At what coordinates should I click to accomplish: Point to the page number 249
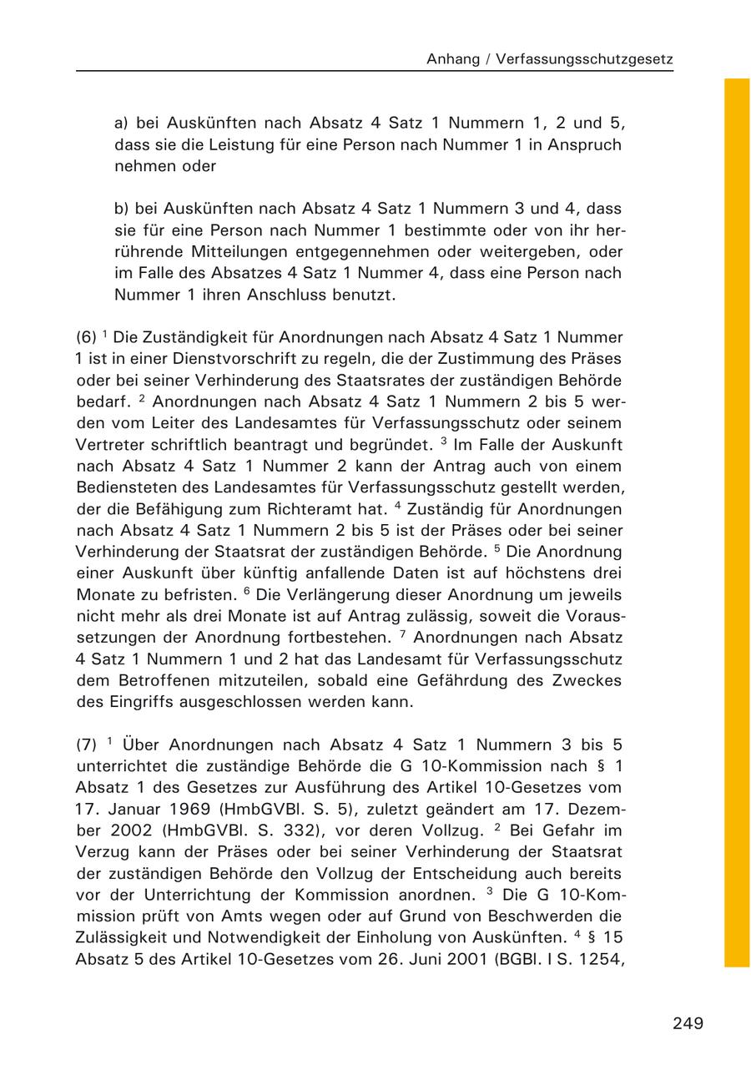click(688, 1023)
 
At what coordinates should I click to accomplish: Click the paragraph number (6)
click(86, 337)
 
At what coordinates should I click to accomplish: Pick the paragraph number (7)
click(86, 744)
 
